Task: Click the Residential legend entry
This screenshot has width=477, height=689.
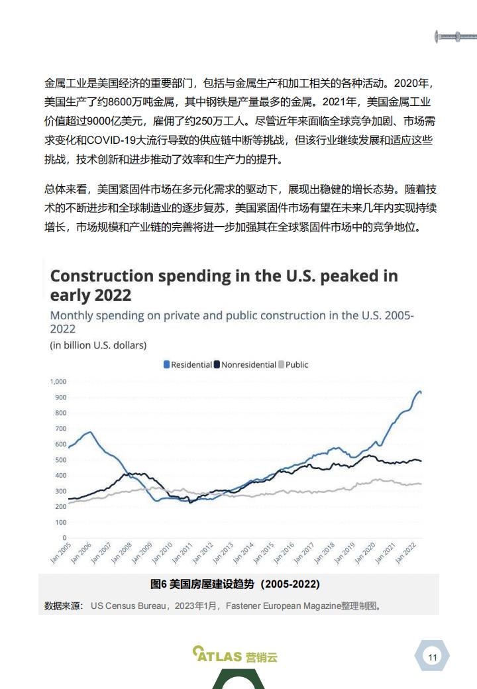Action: pyautogui.click(x=188, y=365)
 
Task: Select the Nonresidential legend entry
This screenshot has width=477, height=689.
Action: pyautogui.click(x=245, y=365)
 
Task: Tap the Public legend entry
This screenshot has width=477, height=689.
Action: pyautogui.click(x=293, y=365)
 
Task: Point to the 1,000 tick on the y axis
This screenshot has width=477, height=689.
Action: pyautogui.click(x=58, y=382)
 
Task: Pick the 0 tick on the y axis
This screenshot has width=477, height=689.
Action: pyautogui.click(x=64, y=538)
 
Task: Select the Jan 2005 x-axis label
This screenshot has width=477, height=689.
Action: pyautogui.click(x=60, y=553)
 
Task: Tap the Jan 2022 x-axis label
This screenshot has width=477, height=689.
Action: pyautogui.click(x=405, y=553)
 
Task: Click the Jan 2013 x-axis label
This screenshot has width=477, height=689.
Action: pyautogui.click(x=223, y=553)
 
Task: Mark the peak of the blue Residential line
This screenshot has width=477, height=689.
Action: pyautogui.click(x=419, y=391)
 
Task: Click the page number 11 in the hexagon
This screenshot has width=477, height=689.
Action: pyautogui.click(x=433, y=657)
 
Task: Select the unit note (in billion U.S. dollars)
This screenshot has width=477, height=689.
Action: pyautogui.click(x=99, y=345)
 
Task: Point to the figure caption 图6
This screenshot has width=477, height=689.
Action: pyautogui.click(x=158, y=584)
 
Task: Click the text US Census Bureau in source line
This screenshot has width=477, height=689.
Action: pyautogui.click(x=128, y=606)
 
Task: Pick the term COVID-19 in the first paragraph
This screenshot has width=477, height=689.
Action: pyautogui.click(x=111, y=140)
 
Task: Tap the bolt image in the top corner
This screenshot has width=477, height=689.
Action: pyautogui.click(x=456, y=36)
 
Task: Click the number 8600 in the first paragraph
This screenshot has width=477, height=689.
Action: pyautogui.click(x=119, y=102)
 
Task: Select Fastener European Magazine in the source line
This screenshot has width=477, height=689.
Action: pyautogui.click(x=284, y=606)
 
